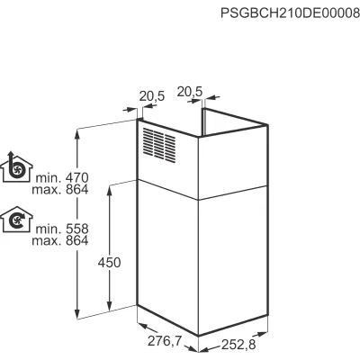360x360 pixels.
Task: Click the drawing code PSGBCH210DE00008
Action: click(x=290, y=13)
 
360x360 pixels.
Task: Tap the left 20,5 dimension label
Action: click(x=152, y=96)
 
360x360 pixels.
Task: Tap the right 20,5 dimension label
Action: click(x=190, y=92)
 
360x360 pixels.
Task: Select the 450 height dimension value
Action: click(x=109, y=263)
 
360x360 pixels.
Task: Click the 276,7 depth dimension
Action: click(x=165, y=341)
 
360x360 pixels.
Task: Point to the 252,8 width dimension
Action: click(x=238, y=345)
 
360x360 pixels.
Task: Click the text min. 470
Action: click(x=62, y=178)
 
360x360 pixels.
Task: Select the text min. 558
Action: click(x=62, y=229)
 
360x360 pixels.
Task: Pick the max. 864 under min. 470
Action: click(x=60, y=190)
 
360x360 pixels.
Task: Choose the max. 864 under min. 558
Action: click(x=60, y=240)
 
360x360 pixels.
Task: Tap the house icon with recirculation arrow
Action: click(x=16, y=220)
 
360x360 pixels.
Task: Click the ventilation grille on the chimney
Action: click(x=159, y=145)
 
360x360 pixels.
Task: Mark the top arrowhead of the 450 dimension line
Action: click(x=110, y=190)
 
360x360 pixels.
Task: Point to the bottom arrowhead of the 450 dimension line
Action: click(x=110, y=307)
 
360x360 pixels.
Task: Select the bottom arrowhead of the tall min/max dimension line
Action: click(x=77, y=314)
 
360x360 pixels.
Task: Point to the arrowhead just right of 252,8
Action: click(x=262, y=334)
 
